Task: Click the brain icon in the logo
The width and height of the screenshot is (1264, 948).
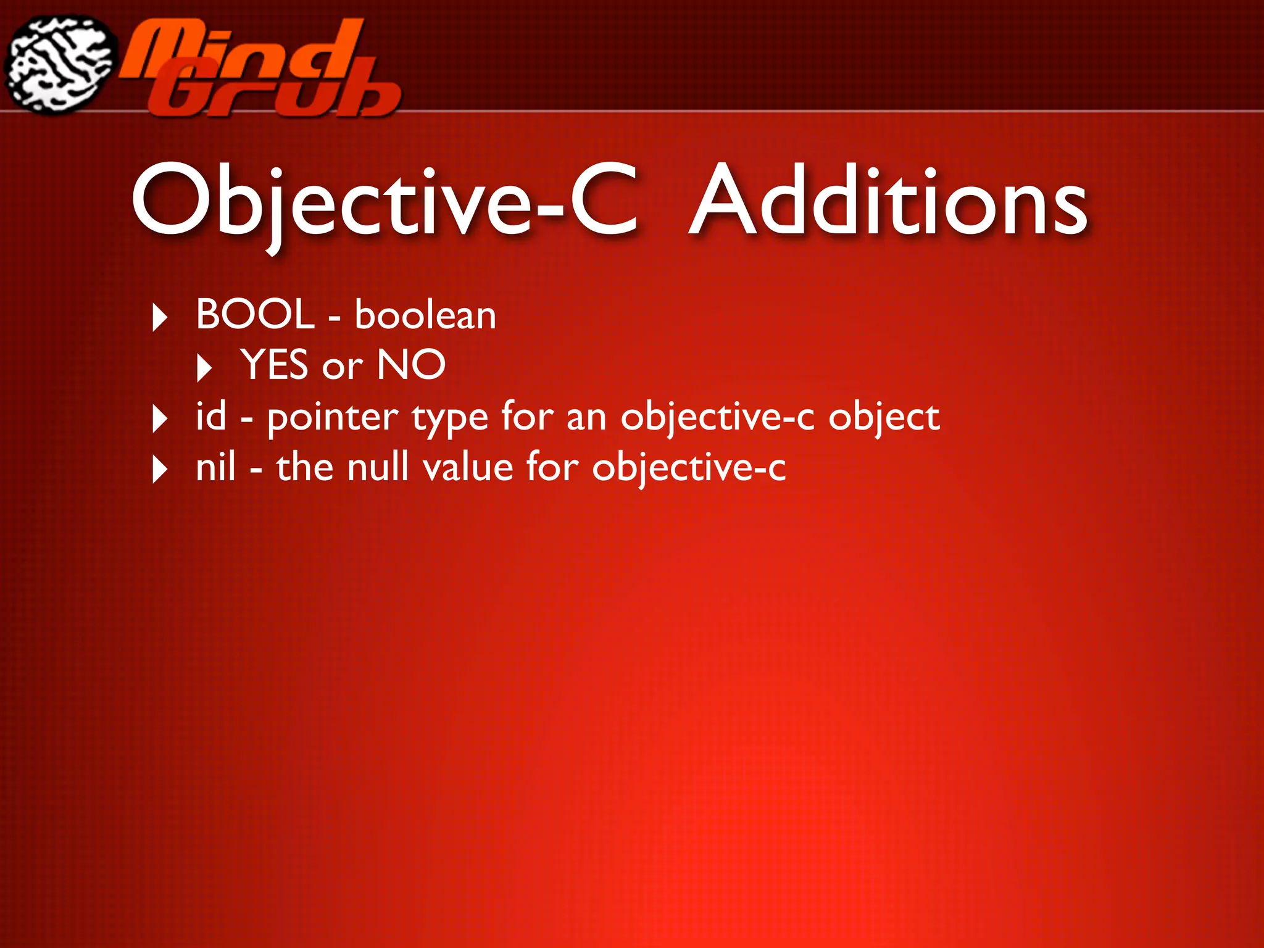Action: (60, 65)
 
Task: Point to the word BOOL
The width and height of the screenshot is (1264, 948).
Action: (255, 314)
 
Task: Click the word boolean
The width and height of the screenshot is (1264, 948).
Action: (425, 315)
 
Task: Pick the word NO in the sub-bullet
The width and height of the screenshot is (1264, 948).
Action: (411, 365)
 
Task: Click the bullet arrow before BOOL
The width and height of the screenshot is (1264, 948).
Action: (160, 318)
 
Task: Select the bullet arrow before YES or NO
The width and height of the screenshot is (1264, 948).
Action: (204, 368)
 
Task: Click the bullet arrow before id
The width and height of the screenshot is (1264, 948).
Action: (160, 419)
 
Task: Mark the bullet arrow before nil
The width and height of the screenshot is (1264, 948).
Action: (160, 470)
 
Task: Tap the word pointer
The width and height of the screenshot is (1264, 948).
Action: (333, 418)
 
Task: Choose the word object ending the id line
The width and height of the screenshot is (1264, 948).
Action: (883, 418)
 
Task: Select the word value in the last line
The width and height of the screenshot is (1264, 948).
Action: (468, 467)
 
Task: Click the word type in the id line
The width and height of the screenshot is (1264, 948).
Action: (450, 420)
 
